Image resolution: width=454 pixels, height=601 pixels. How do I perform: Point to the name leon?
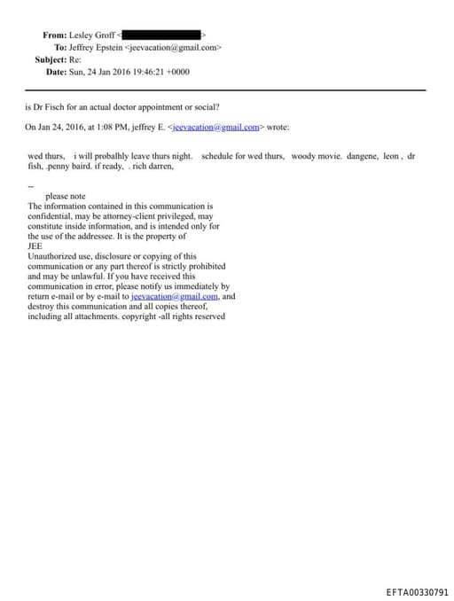[x=393, y=155]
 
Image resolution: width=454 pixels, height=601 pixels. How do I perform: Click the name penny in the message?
[x=63, y=165]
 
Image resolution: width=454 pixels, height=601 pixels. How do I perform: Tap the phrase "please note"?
[x=65, y=196]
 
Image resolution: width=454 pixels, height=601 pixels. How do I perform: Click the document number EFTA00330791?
[x=417, y=592]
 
